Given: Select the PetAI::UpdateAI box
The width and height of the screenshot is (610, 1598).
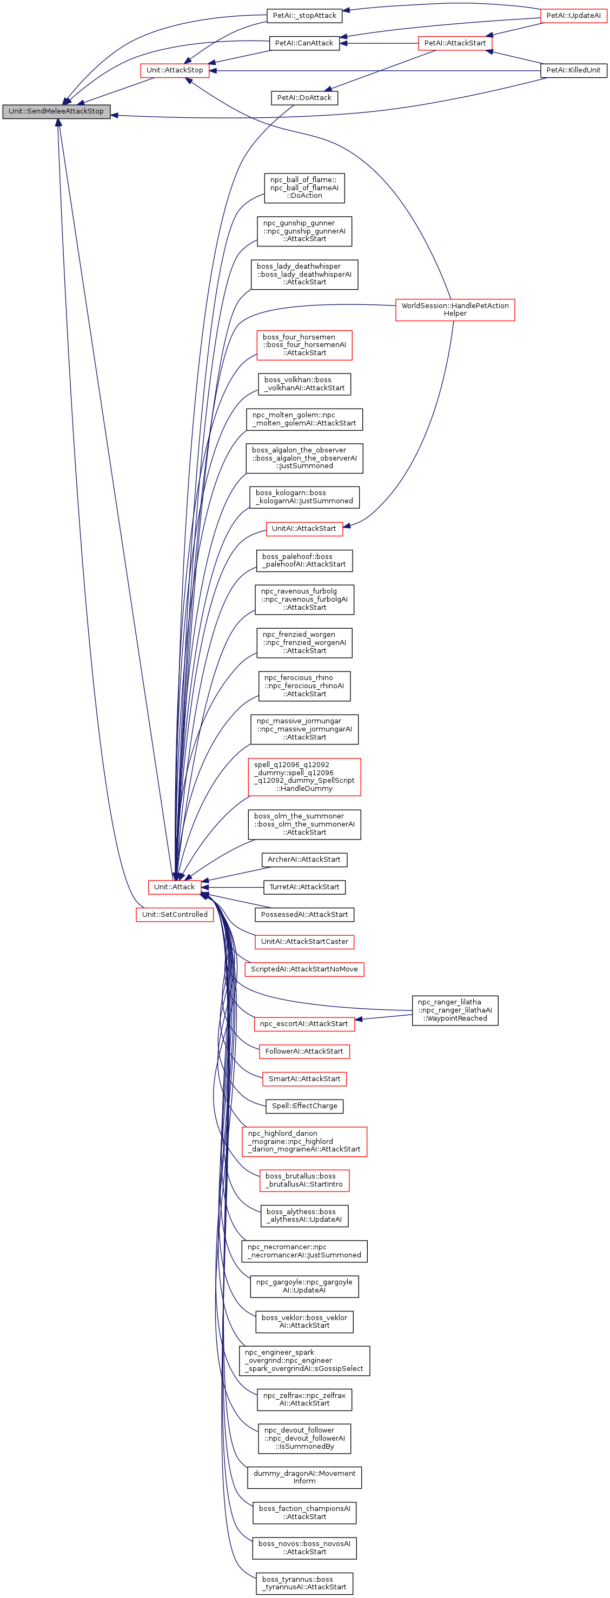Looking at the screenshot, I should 573,16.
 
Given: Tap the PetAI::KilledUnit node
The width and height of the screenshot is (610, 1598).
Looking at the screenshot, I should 573,70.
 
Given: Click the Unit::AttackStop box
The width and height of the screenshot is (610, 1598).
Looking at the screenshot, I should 174,70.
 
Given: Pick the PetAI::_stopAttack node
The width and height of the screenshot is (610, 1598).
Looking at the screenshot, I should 304,16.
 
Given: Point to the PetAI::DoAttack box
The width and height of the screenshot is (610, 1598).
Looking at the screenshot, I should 304,97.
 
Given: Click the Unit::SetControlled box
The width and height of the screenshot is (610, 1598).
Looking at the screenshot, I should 174,914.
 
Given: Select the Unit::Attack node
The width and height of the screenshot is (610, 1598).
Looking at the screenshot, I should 174,887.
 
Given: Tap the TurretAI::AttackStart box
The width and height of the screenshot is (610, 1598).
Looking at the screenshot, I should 304,887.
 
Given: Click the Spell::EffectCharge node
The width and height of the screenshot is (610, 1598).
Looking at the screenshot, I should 304,1106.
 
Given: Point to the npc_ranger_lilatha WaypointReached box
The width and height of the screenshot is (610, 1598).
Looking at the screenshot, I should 454,1010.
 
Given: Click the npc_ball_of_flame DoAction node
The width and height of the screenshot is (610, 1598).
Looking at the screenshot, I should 304,188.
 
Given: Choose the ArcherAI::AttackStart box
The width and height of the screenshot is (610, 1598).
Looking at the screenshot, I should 304,859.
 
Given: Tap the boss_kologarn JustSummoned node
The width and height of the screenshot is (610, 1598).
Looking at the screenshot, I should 304,497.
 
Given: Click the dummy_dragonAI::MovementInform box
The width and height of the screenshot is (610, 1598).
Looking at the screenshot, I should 304,1477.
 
